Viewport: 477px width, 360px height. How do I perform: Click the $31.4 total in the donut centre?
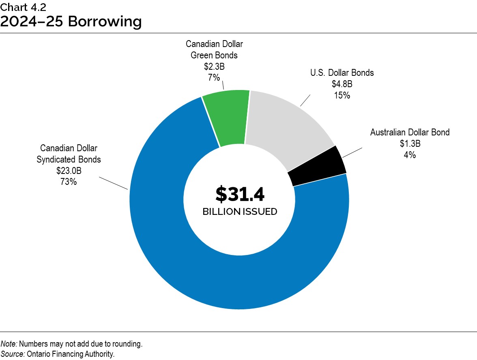click(240, 195)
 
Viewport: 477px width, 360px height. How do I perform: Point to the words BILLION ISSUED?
click(240, 212)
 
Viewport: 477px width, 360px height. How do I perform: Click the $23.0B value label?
click(69, 171)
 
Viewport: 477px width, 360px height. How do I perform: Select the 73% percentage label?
click(69, 182)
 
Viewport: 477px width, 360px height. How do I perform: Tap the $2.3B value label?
click(214, 66)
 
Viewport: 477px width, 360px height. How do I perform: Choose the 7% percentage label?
click(214, 77)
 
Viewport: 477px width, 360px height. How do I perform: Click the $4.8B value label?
click(342, 84)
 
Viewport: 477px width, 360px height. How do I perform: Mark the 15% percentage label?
click(342, 95)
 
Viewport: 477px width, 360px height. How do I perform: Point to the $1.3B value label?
click(410, 144)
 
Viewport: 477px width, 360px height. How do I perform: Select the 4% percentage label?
click(410, 154)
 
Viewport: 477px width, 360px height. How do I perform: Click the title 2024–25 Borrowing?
click(71, 21)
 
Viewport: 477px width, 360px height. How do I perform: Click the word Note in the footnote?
click(9, 344)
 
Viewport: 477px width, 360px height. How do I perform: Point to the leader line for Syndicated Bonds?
click(114, 183)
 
